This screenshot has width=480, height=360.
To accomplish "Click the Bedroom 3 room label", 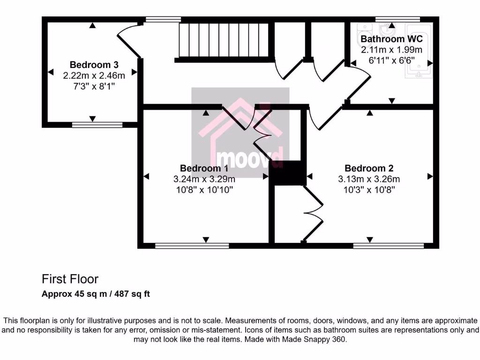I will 94,65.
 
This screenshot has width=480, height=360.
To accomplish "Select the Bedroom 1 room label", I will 204,168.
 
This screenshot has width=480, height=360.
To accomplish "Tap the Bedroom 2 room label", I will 369,168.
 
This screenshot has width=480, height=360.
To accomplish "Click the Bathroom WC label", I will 391,39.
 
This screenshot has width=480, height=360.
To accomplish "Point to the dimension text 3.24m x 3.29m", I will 204,179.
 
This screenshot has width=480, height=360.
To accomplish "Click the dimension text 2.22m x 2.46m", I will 94,75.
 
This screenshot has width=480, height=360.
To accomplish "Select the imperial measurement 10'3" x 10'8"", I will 369,190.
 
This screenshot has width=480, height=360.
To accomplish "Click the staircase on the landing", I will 225,41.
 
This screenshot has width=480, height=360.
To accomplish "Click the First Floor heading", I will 70,279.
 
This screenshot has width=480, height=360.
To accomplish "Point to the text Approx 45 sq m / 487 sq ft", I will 96,294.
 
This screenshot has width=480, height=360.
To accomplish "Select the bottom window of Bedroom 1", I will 192,245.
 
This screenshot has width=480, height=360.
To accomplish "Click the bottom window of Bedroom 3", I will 97,125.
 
